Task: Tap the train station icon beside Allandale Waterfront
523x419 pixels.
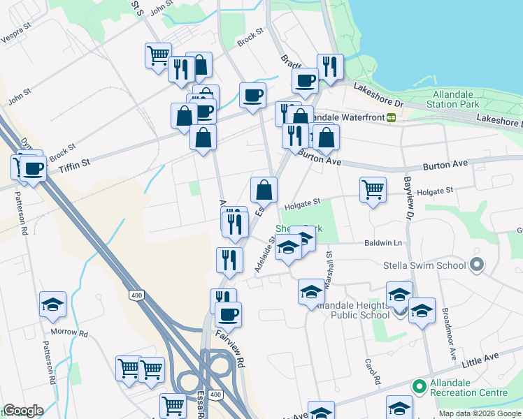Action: point(392,117)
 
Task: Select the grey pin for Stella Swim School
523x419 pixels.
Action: point(478,265)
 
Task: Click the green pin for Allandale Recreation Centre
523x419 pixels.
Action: point(419,385)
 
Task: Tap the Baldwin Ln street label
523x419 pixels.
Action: point(384,242)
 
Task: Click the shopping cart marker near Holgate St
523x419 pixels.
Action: point(373,189)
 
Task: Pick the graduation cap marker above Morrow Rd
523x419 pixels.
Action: point(52,304)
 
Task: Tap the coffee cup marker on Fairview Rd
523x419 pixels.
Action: point(228,315)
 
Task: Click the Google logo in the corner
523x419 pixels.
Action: point(23,411)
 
